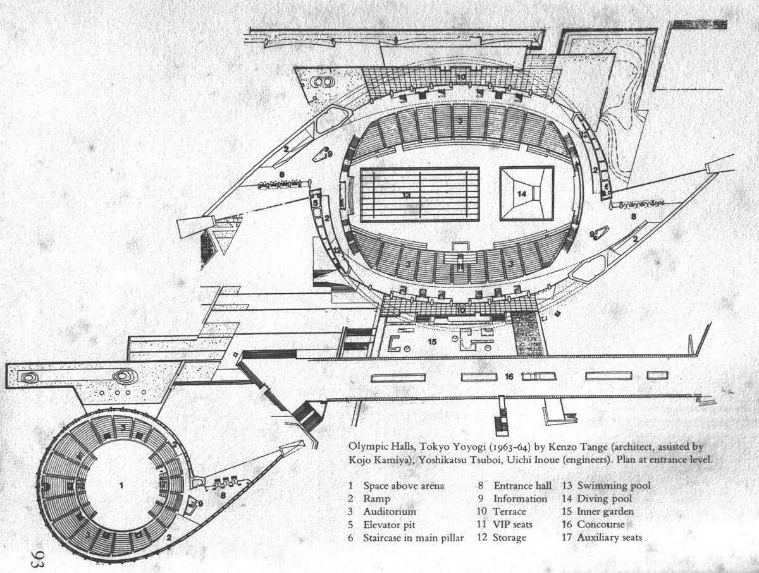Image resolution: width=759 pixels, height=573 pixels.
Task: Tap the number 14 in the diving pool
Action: point(522,194)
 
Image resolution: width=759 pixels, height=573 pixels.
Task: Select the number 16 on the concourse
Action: point(509,377)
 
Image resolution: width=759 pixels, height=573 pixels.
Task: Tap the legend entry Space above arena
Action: point(404,486)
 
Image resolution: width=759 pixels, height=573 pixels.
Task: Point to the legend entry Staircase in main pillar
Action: point(414,538)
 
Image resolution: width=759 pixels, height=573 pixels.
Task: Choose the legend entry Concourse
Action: point(601,524)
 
